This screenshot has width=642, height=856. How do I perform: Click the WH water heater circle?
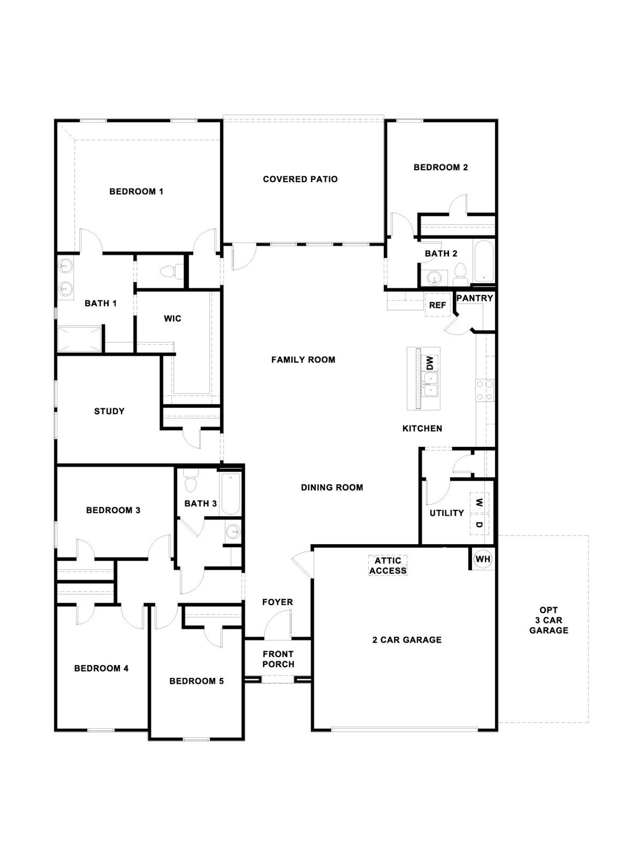click(x=482, y=559)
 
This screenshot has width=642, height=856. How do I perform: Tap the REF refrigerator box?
click(x=437, y=305)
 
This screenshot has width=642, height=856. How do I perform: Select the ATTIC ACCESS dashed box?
click(x=387, y=565)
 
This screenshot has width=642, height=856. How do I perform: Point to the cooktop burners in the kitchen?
click(x=485, y=390)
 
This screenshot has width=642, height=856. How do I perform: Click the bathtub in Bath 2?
click(x=484, y=261)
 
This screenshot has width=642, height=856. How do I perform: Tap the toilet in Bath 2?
click(x=460, y=273)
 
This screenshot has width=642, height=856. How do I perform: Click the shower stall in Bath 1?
click(x=79, y=339)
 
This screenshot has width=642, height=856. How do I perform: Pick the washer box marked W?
click(x=479, y=503)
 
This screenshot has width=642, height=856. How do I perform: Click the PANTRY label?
click(x=474, y=298)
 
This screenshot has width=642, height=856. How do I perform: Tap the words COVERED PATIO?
click(x=300, y=179)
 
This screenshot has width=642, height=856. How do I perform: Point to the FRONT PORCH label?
click(x=278, y=659)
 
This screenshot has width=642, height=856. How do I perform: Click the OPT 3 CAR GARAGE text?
click(x=548, y=620)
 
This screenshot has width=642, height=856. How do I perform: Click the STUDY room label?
click(x=109, y=411)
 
